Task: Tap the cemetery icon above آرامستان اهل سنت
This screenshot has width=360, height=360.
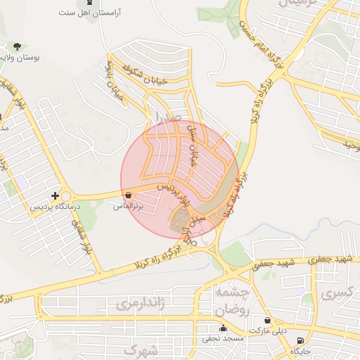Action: pos(88,3)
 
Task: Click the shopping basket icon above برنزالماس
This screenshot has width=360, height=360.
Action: pos(127,195)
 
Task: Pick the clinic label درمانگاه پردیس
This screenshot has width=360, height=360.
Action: pos(56,208)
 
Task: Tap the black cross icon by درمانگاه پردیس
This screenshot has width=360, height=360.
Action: pos(56,195)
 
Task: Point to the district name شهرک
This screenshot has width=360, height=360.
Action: pos(141,349)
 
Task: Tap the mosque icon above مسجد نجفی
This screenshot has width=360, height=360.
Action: pos(224,328)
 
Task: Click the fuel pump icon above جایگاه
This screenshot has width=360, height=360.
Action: pos(301,341)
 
